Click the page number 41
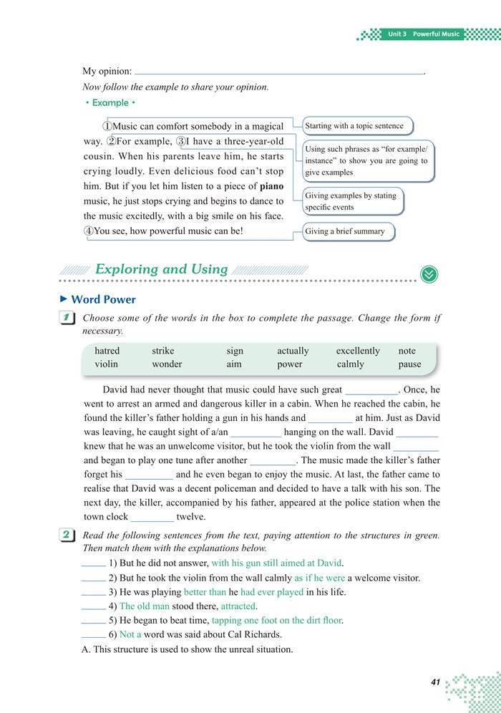(x=435, y=682)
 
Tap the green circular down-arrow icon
(x=429, y=274)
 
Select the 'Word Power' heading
(x=103, y=299)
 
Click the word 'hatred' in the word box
(x=107, y=351)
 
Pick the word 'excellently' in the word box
(x=358, y=351)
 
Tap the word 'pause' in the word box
(x=409, y=364)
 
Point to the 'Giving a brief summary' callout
(x=349, y=231)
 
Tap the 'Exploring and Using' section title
(x=161, y=269)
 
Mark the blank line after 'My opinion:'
(x=279, y=72)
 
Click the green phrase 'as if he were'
(x=319, y=578)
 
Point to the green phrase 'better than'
(x=205, y=592)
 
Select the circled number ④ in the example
(x=89, y=231)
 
